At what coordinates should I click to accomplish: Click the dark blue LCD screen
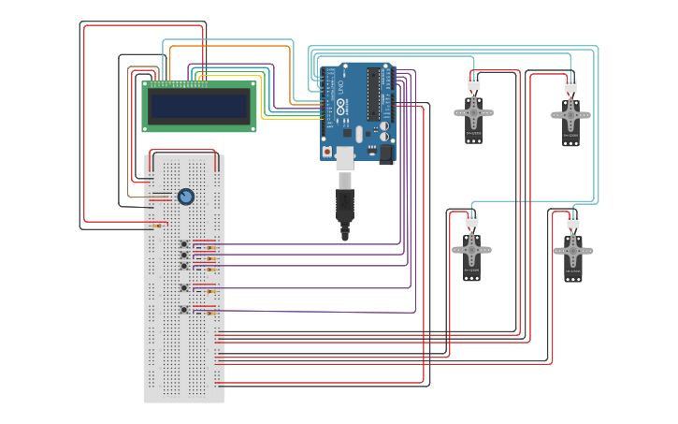point(199,106)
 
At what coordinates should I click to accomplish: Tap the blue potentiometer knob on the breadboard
point(185,197)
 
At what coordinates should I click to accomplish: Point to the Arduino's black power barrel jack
point(384,154)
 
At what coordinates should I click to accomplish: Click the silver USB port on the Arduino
point(346,156)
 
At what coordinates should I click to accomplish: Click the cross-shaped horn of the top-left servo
point(474,114)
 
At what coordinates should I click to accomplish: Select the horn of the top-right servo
point(570,115)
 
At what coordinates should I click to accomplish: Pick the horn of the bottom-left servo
point(472,250)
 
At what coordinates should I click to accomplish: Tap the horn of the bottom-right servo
point(572,251)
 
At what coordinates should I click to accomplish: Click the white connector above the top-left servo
point(474,83)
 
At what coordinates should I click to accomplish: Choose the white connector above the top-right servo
point(570,86)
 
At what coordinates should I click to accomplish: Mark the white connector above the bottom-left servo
point(471,220)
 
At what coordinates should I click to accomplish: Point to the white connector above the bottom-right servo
point(572,222)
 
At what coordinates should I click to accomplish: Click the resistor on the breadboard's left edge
point(156,226)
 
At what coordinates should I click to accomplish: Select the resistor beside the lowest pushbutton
point(210,314)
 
